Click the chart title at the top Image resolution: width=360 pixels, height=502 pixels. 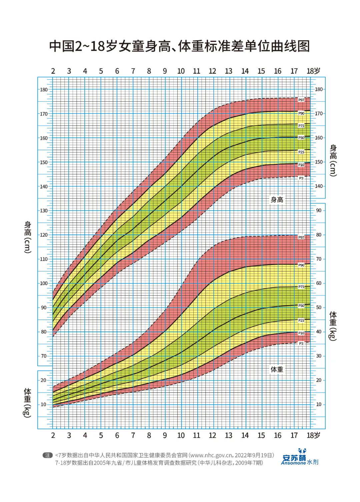click(180, 46)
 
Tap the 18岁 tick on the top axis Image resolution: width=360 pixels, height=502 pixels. click(313, 71)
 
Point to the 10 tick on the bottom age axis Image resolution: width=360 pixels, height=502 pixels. click(181, 435)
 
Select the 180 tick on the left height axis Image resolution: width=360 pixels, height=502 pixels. click(44, 90)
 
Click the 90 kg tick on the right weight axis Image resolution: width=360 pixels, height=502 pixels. click(319, 211)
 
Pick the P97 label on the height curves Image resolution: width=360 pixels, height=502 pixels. click(301, 100)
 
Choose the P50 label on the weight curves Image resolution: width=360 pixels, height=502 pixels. click(301, 305)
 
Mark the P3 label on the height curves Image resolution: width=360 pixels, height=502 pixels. click(301, 178)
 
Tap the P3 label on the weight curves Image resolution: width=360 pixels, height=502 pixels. click(301, 343)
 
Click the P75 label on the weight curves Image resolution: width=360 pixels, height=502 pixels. click(301, 287)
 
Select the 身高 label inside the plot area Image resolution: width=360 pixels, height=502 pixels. click(277, 200)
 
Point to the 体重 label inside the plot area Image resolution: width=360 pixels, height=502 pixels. click(277, 369)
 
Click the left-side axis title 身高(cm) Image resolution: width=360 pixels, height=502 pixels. click(28, 237)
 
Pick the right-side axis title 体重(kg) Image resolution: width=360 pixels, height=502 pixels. click(333, 326)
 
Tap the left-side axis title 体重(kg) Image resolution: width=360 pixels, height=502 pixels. click(28, 403)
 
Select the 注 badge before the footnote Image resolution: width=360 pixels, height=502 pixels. click(48, 455)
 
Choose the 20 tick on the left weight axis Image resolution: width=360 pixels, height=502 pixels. click(44, 380)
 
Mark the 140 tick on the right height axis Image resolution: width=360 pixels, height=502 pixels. click(319, 186)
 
